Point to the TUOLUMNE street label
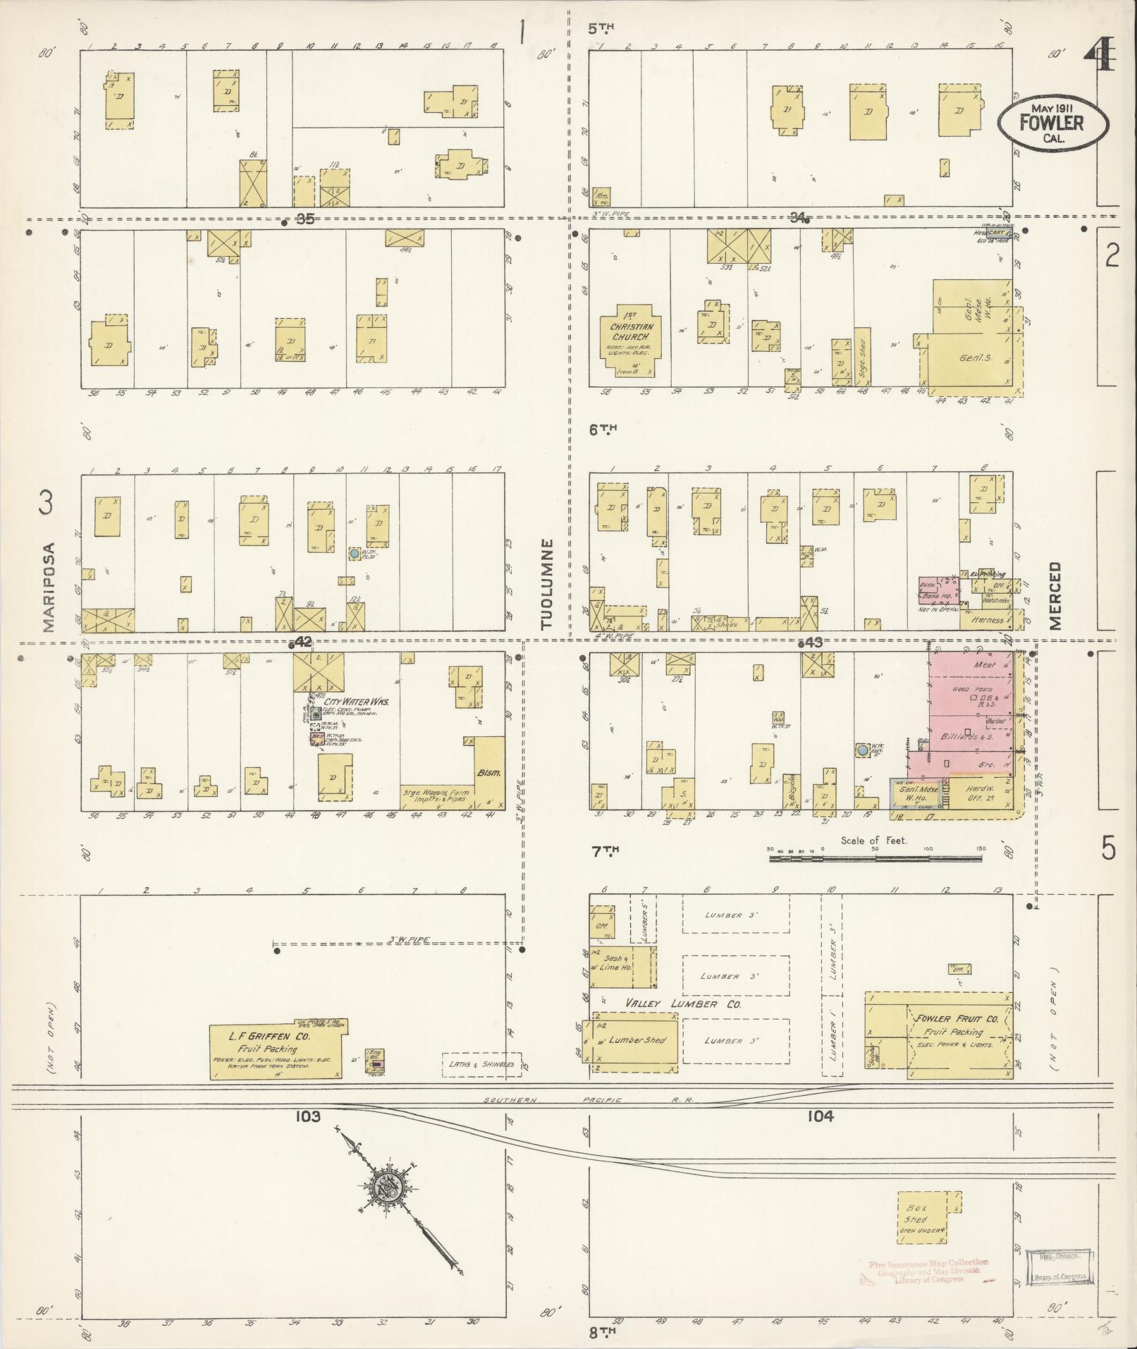click(547, 585)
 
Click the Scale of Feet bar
click(875, 858)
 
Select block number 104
click(821, 1116)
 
